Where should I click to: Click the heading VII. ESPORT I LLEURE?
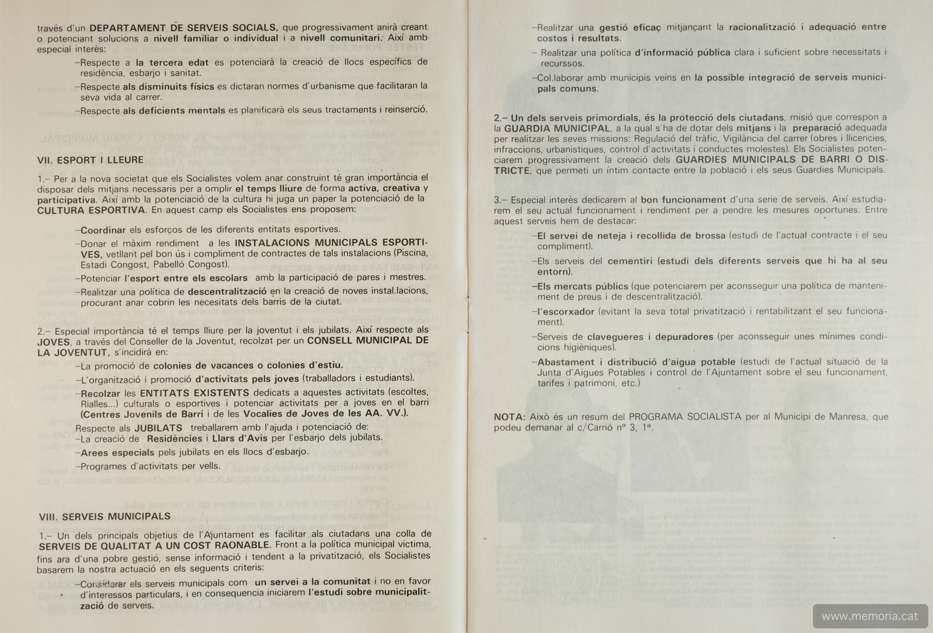point(90,160)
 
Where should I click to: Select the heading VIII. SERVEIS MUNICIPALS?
point(104,516)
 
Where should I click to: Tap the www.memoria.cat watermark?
point(870,616)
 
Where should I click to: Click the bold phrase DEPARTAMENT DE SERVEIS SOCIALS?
point(184,28)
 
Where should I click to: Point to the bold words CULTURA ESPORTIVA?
point(91,210)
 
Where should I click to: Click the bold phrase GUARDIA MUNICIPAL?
point(557,128)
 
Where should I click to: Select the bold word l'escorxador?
point(565,312)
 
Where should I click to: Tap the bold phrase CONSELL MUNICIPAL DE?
point(368,341)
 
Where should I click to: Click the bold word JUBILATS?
point(158,428)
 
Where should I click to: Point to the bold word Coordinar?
point(103,230)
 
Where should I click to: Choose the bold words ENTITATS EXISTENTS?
point(194,393)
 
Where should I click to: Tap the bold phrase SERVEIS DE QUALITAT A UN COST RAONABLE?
point(154,545)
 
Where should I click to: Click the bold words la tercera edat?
point(172,62)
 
